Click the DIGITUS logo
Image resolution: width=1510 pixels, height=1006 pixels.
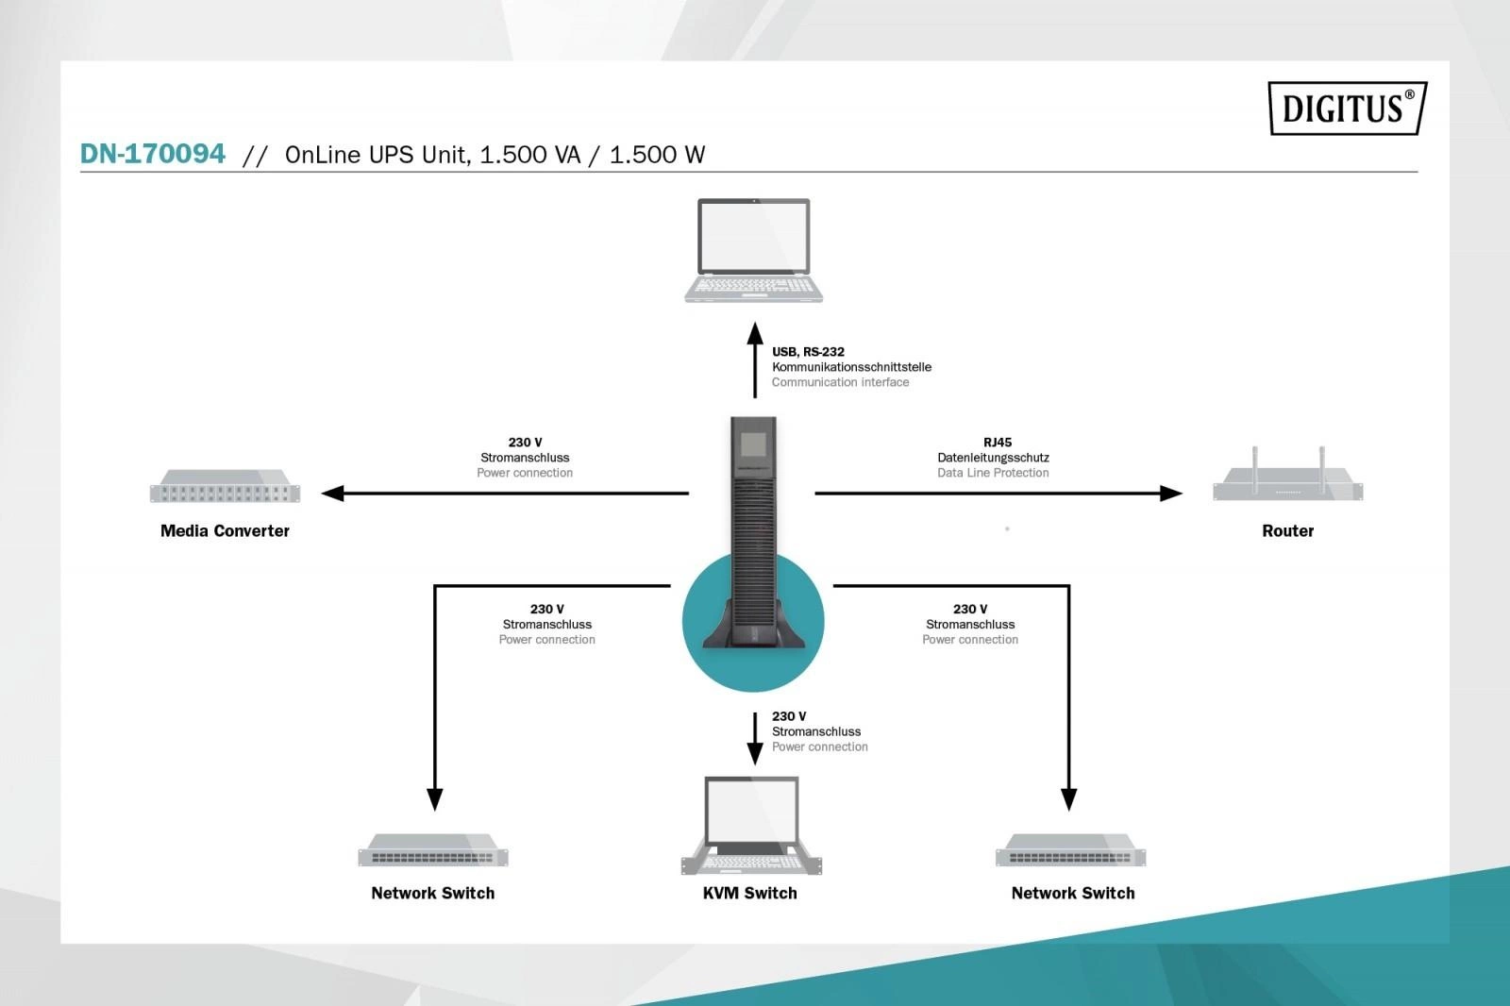click(x=1346, y=109)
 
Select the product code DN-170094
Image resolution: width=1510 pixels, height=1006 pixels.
click(x=153, y=154)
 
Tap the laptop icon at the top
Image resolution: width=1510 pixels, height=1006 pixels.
click(x=753, y=250)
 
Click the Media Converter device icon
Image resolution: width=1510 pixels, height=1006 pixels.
click(x=225, y=486)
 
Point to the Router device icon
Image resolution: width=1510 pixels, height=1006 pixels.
click(x=1287, y=479)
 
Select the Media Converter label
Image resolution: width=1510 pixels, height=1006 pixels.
click(x=225, y=531)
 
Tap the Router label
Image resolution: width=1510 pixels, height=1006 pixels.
click(x=1287, y=531)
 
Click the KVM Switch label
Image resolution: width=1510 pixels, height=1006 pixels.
click(x=749, y=894)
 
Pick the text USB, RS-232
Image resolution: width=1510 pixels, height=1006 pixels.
click(x=808, y=352)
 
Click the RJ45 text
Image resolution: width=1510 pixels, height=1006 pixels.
click(x=997, y=443)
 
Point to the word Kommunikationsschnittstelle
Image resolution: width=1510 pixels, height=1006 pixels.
click(x=851, y=367)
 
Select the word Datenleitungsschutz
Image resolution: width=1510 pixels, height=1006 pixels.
click(x=993, y=458)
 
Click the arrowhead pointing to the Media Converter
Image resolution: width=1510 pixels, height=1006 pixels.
click(x=332, y=493)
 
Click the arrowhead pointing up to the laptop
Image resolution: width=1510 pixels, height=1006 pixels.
click(x=755, y=333)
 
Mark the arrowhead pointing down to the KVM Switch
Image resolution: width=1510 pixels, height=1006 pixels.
click(x=755, y=752)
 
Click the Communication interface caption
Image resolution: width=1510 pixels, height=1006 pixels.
click(x=840, y=382)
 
